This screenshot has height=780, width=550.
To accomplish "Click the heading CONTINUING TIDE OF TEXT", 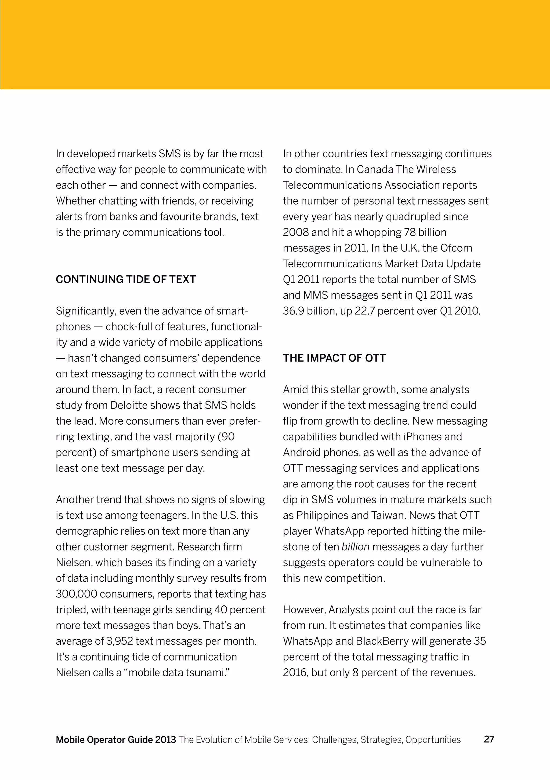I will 126,279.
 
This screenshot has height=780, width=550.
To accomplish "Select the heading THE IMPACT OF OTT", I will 334,358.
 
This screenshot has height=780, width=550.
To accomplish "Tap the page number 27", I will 489,739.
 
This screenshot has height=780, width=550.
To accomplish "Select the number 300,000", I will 76,594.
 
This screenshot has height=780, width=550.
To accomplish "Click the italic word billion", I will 355,546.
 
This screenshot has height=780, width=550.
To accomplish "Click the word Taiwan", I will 389,515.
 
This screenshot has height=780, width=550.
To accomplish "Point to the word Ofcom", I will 456,248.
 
